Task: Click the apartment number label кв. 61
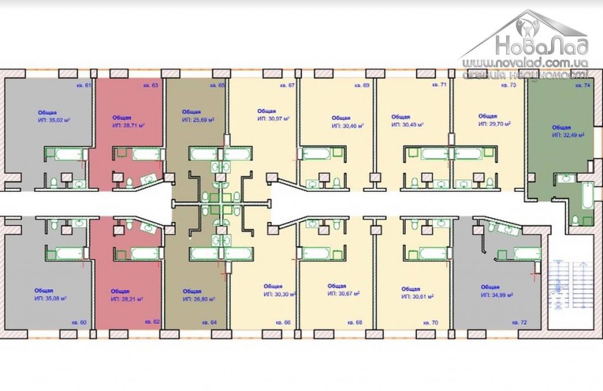point(84,86)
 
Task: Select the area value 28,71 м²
point(128,126)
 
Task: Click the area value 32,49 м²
point(568,135)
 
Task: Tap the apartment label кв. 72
point(519,323)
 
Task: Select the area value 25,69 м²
point(198,120)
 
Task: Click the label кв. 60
point(79,323)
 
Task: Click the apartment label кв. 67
point(287,86)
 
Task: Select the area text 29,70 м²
point(493,124)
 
